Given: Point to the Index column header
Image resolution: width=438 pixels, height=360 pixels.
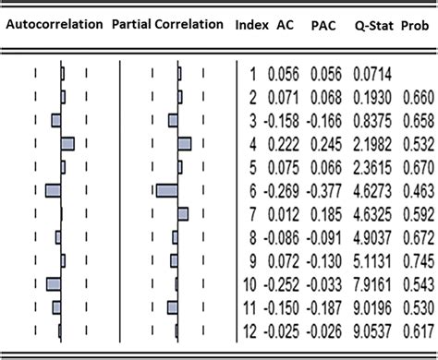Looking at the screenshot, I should (x=252, y=25).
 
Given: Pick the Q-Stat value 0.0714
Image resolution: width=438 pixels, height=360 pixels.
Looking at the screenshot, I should (x=370, y=72).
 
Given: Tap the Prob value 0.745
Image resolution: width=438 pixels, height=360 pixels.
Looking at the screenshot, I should (x=416, y=260).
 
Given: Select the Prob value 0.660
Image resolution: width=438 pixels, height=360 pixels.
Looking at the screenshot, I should (x=416, y=96).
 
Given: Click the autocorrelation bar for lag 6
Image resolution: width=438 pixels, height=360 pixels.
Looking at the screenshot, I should (x=53, y=190).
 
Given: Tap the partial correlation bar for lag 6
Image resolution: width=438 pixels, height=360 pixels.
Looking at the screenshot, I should (x=167, y=190).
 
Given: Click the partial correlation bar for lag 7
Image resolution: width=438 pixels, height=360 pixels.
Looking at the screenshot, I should (x=183, y=213).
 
